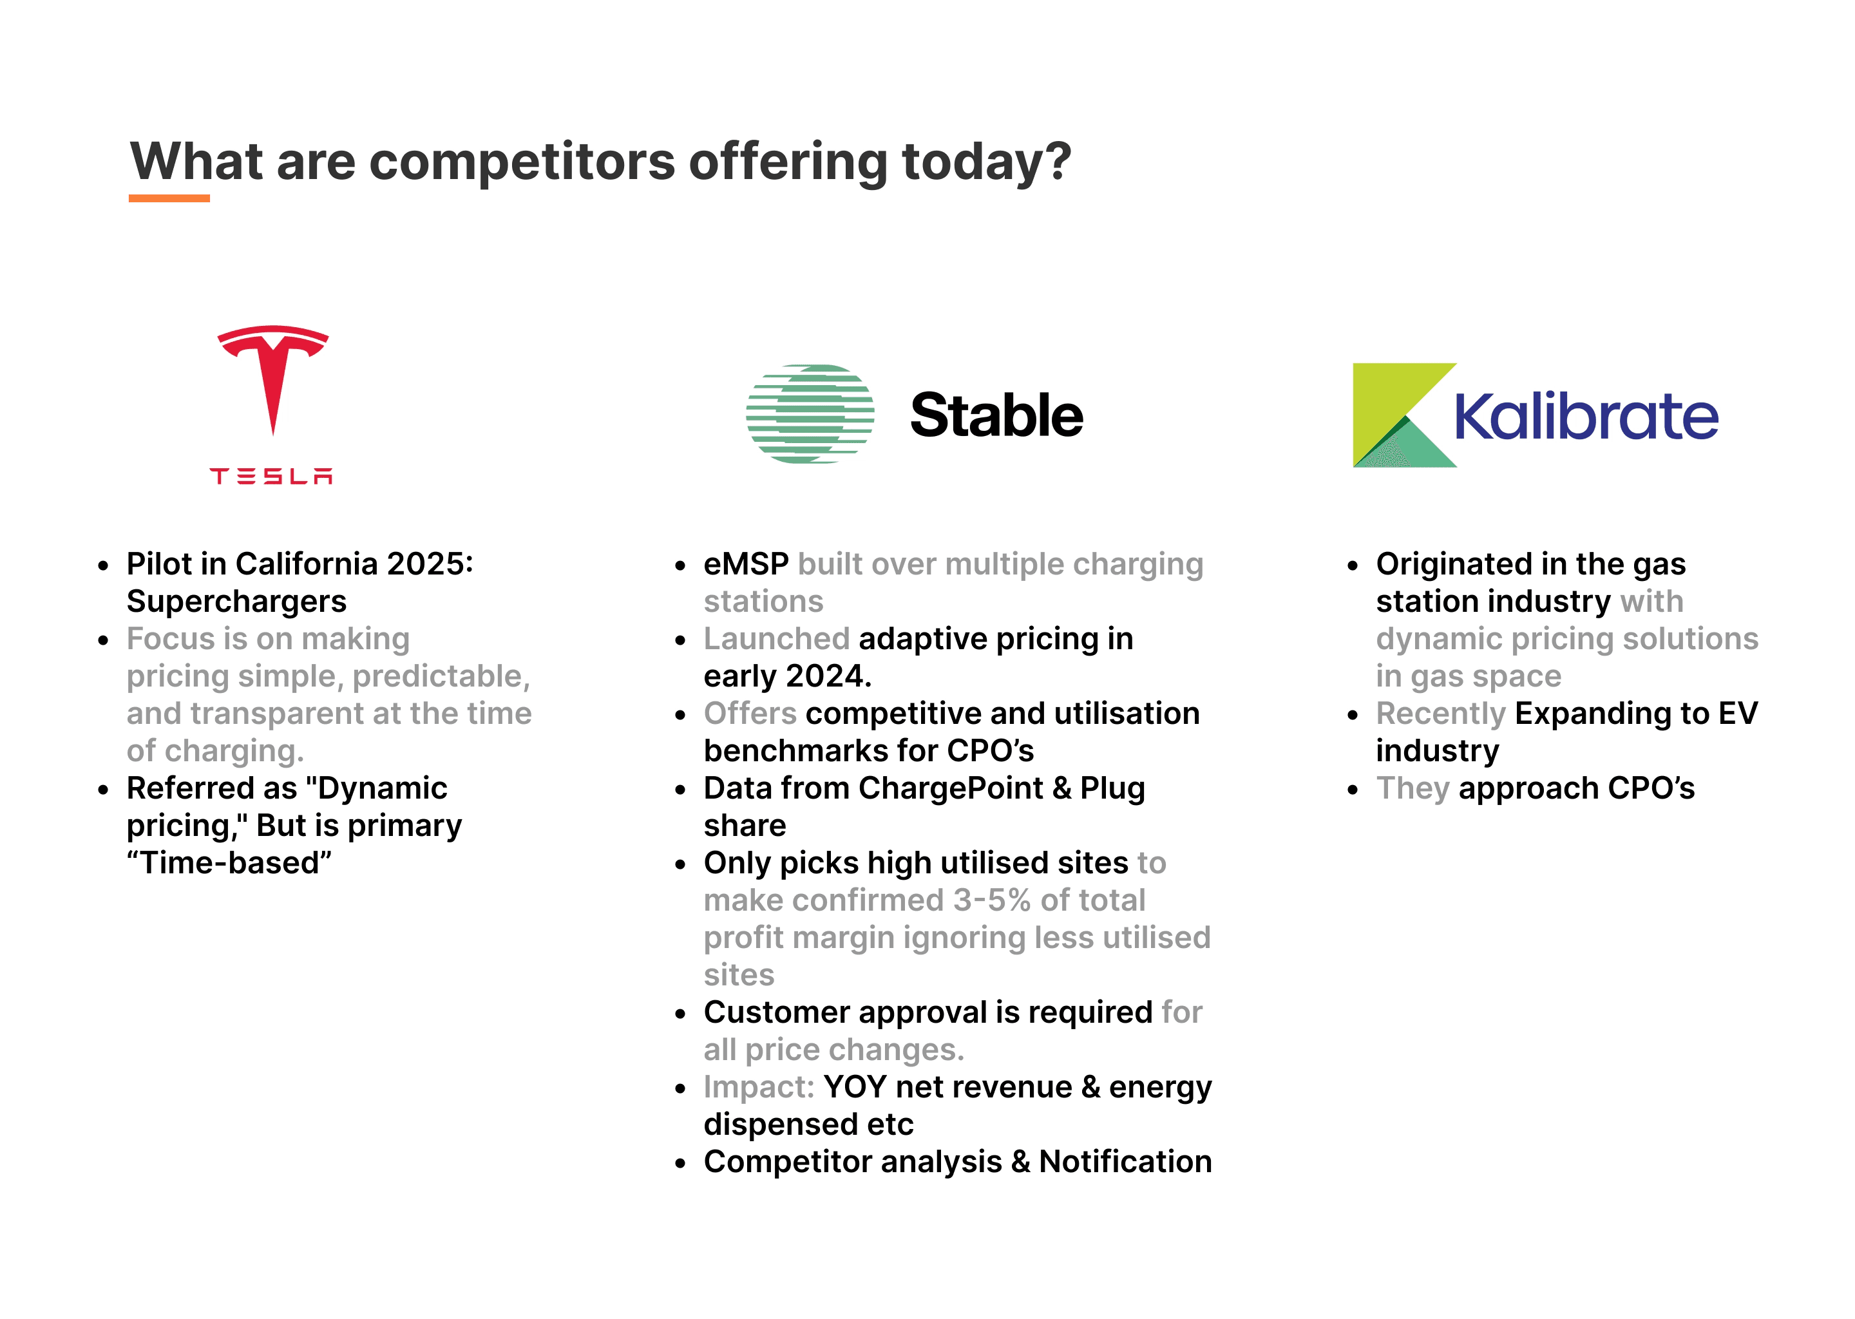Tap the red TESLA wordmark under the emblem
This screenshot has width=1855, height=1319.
click(x=271, y=476)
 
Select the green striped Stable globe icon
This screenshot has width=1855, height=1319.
click(x=810, y=414)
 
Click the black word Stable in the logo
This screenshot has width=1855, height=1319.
click(x=996, y=415)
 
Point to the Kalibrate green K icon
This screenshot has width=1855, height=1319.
click(x=1404, y=415)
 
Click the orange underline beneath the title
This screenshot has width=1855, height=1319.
click(x=169, y=198)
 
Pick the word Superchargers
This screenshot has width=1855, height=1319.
click(x=236, y=602)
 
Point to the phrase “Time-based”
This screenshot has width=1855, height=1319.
click(x=229, y=862)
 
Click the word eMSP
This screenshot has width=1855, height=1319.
click(x=747, y=564)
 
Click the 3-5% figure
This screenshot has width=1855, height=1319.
click(x=993, y=900)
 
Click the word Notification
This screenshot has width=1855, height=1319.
click(x=1126, y=1161)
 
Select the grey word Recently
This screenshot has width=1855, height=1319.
click(x=1441, y=714)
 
